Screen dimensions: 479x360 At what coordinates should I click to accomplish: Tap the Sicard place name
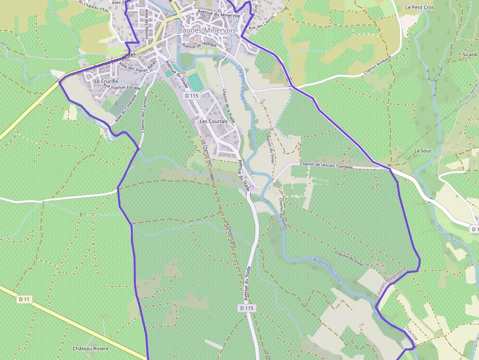[470, 55]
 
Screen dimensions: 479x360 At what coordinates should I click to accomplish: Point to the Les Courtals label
[214, 121]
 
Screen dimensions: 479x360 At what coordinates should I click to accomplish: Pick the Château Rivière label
[90, 348]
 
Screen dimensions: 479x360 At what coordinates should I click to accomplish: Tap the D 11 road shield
[24, 298]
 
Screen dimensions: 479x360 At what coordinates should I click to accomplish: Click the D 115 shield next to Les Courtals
[192, 96]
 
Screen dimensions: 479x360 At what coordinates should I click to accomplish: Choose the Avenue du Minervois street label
[219, 14]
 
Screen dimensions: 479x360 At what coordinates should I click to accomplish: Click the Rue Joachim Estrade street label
[122, 87]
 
